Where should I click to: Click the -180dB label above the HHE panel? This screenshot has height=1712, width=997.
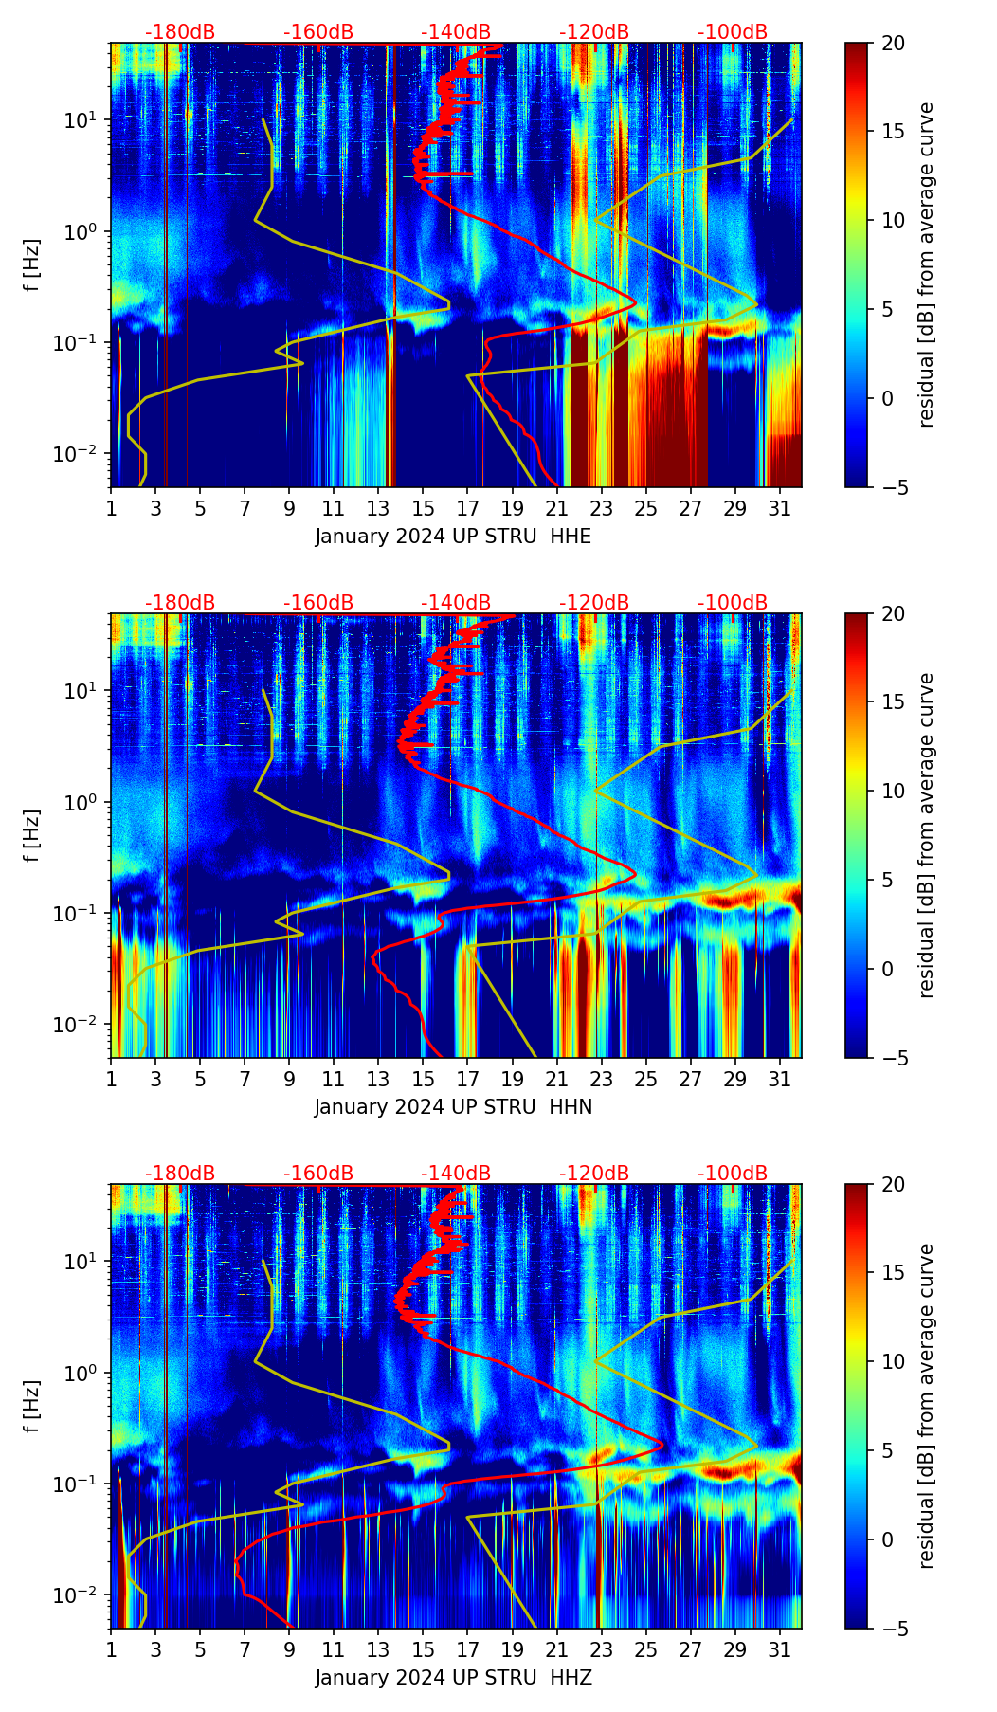click(180, 32)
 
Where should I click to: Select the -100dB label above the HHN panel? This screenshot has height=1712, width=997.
click(733, 603)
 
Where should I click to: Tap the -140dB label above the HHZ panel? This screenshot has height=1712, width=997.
click(456, 1174)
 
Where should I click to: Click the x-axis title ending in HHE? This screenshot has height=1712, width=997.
click(453, 537)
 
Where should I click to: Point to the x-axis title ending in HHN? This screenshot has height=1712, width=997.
click(453, 1107)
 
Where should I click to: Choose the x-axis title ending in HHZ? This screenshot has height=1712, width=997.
click(453, 1678)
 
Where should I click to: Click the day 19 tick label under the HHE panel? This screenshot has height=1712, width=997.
click(512, 508)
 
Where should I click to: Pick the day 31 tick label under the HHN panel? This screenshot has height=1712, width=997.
click(779, 1079)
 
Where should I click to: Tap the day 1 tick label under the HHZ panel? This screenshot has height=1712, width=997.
click(111, 1649)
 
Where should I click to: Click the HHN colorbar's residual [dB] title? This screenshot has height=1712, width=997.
click(926, 835)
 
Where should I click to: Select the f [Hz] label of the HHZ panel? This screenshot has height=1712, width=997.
click(32, 1406)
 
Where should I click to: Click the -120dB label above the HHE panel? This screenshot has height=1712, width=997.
click(594, 32)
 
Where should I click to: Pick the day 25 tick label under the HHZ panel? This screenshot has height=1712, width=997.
click(645, 1649)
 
